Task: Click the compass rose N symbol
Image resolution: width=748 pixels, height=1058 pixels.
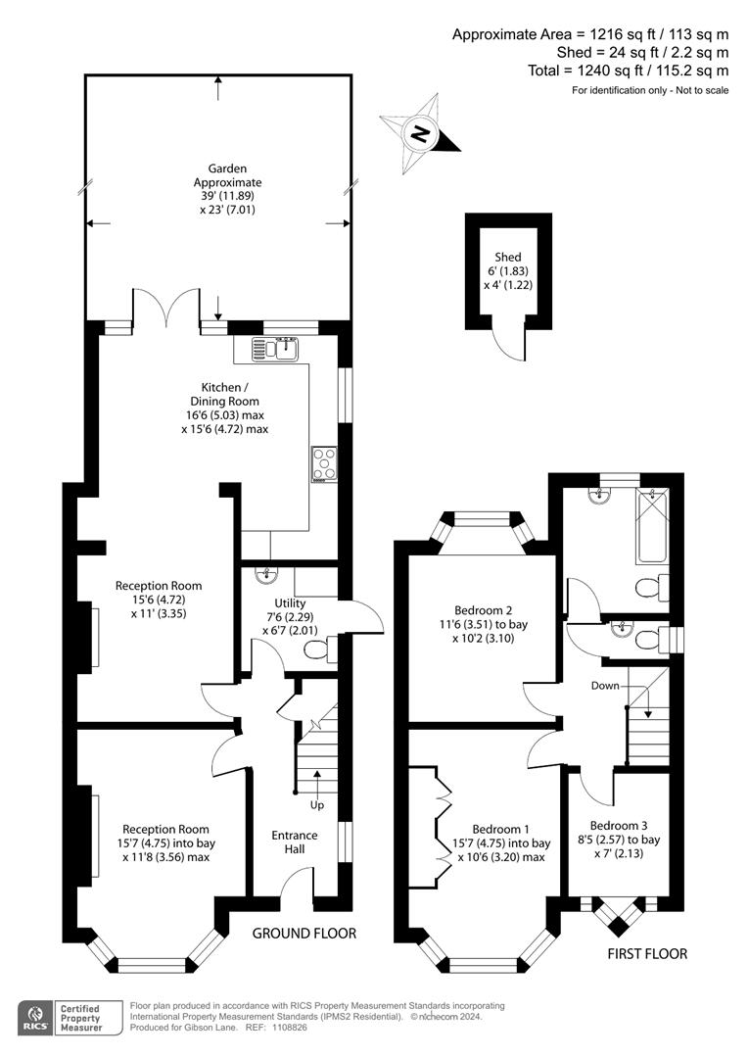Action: [420, 135]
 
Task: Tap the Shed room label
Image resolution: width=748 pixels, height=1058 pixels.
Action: [508, 270]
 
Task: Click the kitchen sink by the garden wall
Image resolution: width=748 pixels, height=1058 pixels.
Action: [276, 349]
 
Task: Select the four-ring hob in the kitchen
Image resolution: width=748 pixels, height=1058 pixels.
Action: [324, 464]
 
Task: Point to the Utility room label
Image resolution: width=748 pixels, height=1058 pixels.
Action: [290, 617]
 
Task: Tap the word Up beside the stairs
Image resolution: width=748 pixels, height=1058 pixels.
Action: [317, 805]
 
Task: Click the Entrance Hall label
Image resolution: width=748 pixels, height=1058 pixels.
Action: [294, 842]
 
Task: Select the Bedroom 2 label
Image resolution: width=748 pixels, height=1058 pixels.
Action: [483, 624]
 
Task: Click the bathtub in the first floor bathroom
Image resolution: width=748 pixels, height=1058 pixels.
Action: [652, 527]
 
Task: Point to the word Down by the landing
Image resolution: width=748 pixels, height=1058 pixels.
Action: [605, 686]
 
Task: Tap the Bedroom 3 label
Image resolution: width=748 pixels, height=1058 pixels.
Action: [619, 840]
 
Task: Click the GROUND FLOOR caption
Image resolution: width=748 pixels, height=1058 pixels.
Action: [304, 934]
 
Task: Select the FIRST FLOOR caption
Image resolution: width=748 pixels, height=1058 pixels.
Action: [647, 953]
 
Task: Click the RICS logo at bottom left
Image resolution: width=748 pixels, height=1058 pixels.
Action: [35, 1018]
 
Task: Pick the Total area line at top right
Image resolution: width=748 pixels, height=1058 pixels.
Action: [628, 71]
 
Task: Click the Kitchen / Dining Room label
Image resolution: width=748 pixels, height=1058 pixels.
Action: [224, 409]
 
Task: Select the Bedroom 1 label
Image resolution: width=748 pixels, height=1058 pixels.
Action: [501, 842]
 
